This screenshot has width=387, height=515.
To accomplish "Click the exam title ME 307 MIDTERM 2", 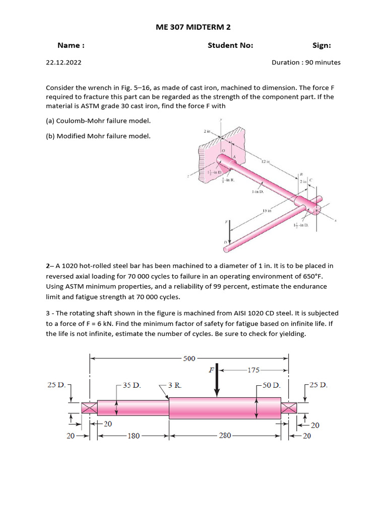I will click(x=193, y=27).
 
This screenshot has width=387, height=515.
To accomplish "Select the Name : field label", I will click(x=71, y=46).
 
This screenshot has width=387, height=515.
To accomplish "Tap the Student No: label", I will click(x=230, y=46).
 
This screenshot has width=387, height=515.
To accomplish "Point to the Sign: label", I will click(x=321, y=46).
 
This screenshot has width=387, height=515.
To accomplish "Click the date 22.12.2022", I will click(x=63, y=63).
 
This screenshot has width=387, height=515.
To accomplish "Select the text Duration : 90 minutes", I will click(x=306, y=63).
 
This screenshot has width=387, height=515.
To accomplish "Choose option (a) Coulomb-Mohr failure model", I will click(x=98, y=121).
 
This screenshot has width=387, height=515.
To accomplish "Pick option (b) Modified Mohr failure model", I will click(x=98, y=136).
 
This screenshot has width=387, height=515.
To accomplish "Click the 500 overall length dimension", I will click(x=189, y=358).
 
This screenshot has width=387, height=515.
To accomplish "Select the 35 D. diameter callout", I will click(x=132, y=386).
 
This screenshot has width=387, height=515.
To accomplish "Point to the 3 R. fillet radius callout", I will click(x=174, y=386).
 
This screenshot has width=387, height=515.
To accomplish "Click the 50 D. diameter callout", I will click(x=271, y=386).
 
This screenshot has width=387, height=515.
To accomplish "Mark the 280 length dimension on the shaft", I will click(x=224, y=436).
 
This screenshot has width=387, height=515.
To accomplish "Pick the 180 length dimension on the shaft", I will click(x=133, y=436).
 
